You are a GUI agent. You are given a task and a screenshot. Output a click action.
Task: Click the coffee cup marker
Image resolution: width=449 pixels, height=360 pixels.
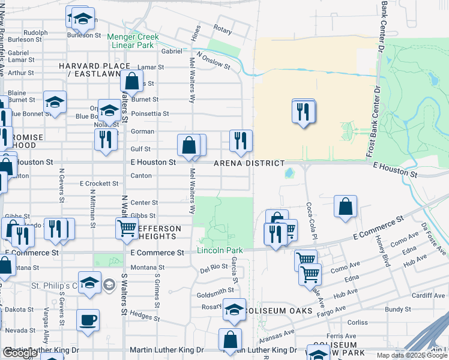coord(88,319)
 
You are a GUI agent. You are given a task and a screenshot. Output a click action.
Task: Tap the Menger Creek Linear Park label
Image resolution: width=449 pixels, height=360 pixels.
coord(133,41)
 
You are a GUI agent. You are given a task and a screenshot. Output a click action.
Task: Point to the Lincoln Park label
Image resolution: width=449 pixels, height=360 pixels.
coord(220,250)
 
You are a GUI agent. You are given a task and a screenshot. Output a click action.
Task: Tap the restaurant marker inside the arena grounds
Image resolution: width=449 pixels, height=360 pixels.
coord(303,111)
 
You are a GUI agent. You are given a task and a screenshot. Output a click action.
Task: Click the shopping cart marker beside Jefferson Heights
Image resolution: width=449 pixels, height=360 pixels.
coord(127,228)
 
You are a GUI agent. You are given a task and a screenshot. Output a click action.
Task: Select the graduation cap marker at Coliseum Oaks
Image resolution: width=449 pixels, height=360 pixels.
coord(234,309)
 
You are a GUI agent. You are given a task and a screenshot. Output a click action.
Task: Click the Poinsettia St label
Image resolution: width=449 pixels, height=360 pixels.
coord(150,113)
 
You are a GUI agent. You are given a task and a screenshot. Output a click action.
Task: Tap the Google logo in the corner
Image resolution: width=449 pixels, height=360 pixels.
coord(19,353)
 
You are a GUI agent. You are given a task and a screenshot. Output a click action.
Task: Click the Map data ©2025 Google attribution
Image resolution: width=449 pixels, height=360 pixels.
coord(412,355)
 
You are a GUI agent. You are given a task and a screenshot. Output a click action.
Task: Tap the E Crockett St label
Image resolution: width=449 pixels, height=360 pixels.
coord(99,184)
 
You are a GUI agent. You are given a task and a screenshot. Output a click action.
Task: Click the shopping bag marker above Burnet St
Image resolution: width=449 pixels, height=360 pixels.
coord(131,81)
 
